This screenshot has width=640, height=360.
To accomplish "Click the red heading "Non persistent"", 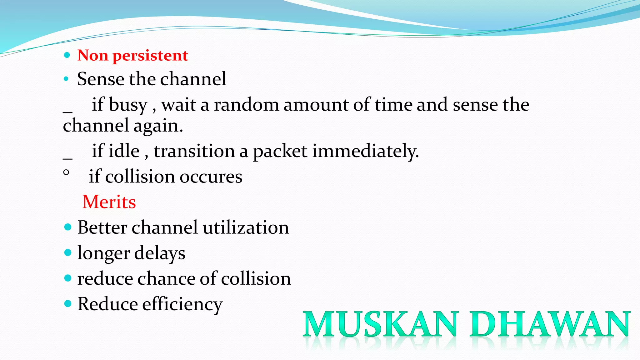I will coord(132,56).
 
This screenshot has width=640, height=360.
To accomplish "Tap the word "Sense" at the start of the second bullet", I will coord(101,79).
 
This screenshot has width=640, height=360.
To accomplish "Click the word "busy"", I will coord(128,105).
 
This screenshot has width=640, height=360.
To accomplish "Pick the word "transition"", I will coord(194,151).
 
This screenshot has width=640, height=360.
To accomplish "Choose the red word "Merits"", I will coord(109,202).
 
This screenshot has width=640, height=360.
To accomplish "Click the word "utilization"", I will coord(246,227).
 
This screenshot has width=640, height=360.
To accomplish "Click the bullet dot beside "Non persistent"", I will coord(67,56).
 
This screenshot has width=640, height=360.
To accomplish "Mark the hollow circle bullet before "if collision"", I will coord(66,172).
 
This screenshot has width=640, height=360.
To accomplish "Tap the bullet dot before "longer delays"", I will coord(67,252).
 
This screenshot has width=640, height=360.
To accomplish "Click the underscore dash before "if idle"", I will coord(67,158).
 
